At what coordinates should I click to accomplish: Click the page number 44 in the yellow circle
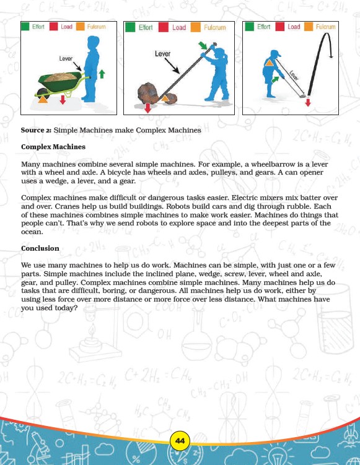[180, 441]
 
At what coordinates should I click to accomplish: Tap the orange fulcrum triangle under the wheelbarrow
[43, 99]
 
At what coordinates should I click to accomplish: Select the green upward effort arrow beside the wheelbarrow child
[102, 74]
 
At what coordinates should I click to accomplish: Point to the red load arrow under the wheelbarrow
[63, 100]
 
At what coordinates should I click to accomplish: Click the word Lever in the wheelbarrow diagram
[66, 58]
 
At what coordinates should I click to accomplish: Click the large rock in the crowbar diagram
[148, 93]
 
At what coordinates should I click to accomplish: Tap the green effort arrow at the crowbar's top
[203, 45]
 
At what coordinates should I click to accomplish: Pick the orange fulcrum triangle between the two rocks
[164, 98]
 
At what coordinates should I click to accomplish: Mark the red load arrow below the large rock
[147, 108]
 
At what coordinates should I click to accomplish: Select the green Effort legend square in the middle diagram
[130, 27]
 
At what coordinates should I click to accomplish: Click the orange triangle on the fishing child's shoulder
[269, 63]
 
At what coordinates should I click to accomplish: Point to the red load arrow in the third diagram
[308, 103]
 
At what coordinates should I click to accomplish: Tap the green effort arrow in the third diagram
[275, 79]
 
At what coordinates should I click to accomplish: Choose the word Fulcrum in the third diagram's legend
[325, 27]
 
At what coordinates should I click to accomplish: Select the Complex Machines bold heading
[53, 147]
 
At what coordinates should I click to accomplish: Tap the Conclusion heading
[40, 248]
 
